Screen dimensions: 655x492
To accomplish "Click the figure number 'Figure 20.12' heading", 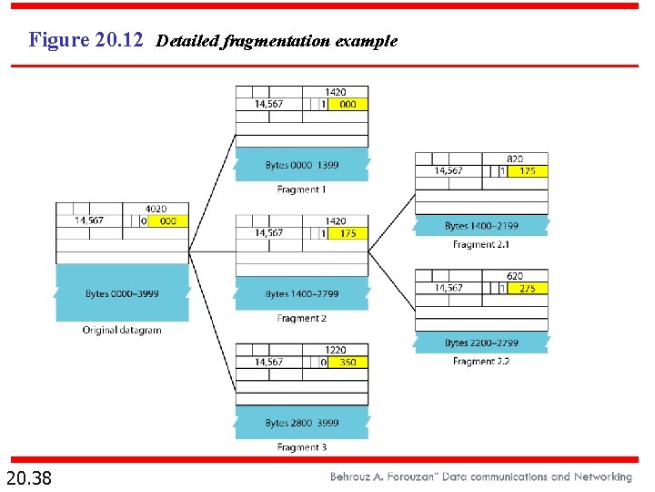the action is [86, 40].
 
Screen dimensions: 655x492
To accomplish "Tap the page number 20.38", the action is [29, 477].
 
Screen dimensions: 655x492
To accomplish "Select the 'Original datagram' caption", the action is [122, 330].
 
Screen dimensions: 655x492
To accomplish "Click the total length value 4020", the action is [156, 209].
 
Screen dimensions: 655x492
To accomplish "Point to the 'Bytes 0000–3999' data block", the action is [122, 293].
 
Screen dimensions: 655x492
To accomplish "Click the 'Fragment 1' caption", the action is [301, 190].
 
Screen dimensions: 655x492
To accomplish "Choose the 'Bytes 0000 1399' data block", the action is [302, 165].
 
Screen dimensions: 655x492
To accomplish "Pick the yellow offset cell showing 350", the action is [348, 363].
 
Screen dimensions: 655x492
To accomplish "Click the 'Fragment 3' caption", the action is [301, 447].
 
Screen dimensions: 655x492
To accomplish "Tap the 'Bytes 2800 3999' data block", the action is [302, 423].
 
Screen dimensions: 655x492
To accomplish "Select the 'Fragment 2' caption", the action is [301, 319].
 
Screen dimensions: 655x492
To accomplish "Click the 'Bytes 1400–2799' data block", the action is [302, 294].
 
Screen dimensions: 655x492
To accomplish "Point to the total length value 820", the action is [515, 159].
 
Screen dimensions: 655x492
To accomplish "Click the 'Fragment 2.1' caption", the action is [481, 245].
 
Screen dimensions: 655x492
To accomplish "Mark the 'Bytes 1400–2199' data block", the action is [481, 226].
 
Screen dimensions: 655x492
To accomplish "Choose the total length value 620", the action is [515, 276].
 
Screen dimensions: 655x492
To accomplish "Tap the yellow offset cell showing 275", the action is [528, 288].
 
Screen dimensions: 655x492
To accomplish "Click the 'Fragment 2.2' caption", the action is [481, 362].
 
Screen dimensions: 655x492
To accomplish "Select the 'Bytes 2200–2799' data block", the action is [481, 343].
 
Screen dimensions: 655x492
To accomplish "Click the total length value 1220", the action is [335, 350].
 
